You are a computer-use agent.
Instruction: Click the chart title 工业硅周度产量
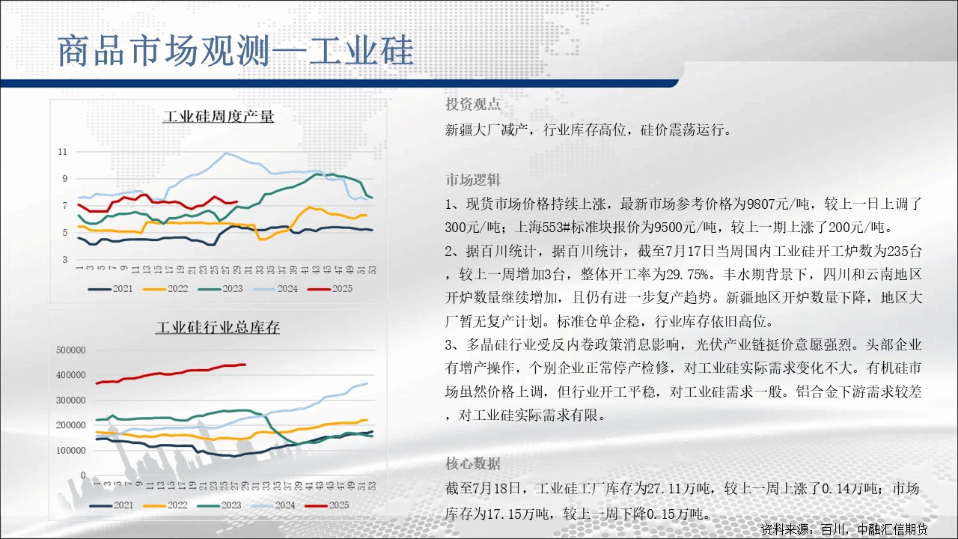(x=218, y=116)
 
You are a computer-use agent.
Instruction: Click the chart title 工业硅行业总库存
(x=218, y=327)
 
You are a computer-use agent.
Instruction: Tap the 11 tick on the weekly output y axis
(x=63, y=152)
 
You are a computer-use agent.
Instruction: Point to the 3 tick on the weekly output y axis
(x=65, y=259)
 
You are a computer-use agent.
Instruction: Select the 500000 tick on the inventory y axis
(x=71, y=350)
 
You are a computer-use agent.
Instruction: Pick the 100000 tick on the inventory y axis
(x=71, y=450)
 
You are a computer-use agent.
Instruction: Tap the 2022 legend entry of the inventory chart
(x=165, y=505)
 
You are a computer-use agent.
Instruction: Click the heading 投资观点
(x=472, y=104)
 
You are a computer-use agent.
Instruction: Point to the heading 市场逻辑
(x=472, y=180)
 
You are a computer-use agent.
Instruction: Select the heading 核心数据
(x=472, y=463)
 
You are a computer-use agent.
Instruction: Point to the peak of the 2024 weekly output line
(x=226, y=153)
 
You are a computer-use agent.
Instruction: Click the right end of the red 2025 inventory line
(x=245, y=365)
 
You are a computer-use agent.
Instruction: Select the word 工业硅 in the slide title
(x=361, y=50)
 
